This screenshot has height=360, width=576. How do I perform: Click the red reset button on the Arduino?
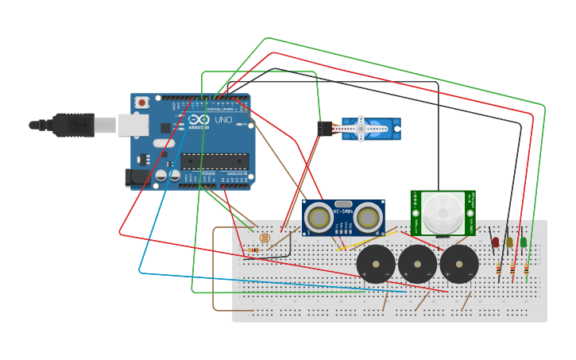point(141,102)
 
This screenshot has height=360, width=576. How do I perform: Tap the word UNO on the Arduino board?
point(225,119)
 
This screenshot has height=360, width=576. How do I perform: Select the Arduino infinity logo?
point(199,119)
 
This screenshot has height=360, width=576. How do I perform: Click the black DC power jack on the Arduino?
point(137,178)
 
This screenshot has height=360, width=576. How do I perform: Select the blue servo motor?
point(370,129)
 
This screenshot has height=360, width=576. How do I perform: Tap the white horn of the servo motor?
point(361,129)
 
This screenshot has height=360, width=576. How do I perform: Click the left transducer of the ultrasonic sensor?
point(319,218)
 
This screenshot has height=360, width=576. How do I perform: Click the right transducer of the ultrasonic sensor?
point(368,218)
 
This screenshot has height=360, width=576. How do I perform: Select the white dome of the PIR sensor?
point(443,212)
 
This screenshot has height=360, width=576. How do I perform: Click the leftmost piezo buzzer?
point(376,264)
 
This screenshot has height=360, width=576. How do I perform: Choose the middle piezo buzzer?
point(417,264)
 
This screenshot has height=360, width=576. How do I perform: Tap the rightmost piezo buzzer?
point(459,264)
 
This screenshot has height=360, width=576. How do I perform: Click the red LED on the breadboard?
point(496,242)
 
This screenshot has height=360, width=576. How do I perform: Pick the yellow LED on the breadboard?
point(509,242)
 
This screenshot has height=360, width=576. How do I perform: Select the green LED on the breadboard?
point(524,242)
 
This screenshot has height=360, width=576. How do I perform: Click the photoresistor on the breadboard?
point(265,237)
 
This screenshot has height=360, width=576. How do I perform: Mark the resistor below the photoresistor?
point(253,250)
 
